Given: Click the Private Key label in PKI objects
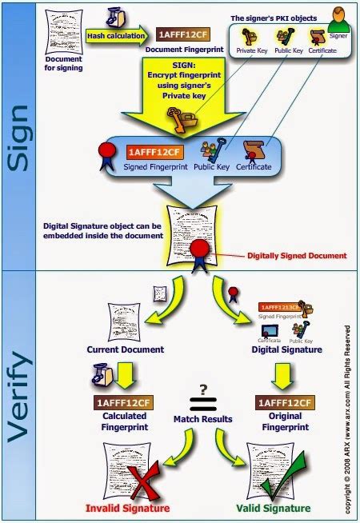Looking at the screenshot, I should coord(253,50).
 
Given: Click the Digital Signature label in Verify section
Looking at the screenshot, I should coord(286,349).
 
